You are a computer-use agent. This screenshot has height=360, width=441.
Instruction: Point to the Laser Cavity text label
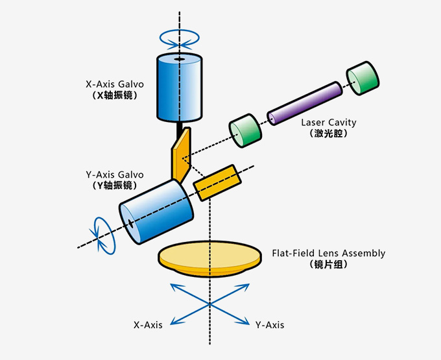[x=329, y=123]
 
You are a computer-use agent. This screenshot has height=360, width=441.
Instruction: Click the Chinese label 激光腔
[x=329, y=134]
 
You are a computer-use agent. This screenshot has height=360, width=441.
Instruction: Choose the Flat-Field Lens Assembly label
[x=329, y=253]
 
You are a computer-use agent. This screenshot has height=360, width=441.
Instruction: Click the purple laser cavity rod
[x=305, y=103]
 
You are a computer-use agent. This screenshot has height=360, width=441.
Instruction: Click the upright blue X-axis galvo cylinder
[x=180, y=87]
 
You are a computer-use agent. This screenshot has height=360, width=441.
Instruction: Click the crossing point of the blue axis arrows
[x=209, y=304]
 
